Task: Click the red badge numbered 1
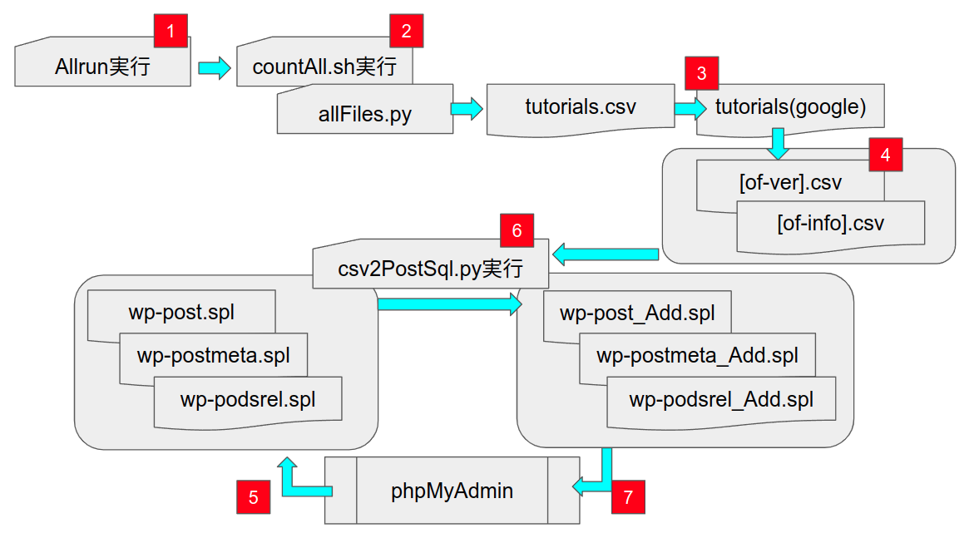click(x=171, y=32)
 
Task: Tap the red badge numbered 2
click(x=406, y=32)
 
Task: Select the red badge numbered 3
click(x=701, y=73)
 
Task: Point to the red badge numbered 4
click(x=885, y=155)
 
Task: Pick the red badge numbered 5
click(x=253, y=497)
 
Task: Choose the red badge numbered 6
click(x=517, y=230)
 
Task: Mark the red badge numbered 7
click(x=627, y=497)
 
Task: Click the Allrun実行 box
click(x=102, y=67)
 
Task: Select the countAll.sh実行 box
click(x=324, y=67)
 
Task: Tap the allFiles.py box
click(x=364, y=113)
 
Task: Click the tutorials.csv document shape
click(x=580, y=107)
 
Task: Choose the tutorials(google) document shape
click(x=790, y=107)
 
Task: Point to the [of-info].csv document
click(x=830, y=224)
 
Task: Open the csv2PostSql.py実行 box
click(x=430, y=269)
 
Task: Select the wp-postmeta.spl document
click(x=213, y=356)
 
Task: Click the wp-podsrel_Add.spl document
click(x=720, y=400)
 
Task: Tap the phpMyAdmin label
click(x=452, y=491)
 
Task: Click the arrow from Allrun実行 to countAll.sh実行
click(x=214, y=67)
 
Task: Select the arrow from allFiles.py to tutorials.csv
click(x=467, y=108)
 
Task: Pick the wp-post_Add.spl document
click(x=637, y=314)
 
